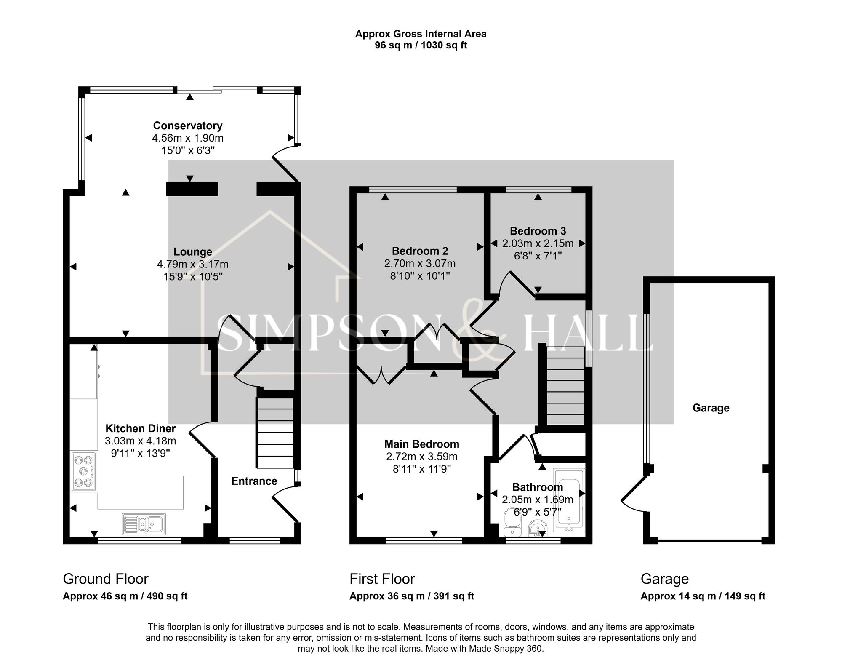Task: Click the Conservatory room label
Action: click(188, 126)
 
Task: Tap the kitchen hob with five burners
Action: click(83, 471)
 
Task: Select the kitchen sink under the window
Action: click(144, 524)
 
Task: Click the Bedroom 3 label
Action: click(538, 231)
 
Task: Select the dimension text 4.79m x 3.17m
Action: click(192, 264)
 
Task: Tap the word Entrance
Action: click(254, 481)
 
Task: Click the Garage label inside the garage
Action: click(711, 408)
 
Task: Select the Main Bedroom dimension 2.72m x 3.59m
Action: click(421, 457)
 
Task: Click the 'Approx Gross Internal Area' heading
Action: click(421, 34)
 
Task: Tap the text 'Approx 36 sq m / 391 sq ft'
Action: click(411, 596)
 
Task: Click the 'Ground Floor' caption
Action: click(105, 579)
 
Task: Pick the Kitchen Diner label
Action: click(140, 428)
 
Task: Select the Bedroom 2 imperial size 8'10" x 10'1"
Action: click(420, 276)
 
